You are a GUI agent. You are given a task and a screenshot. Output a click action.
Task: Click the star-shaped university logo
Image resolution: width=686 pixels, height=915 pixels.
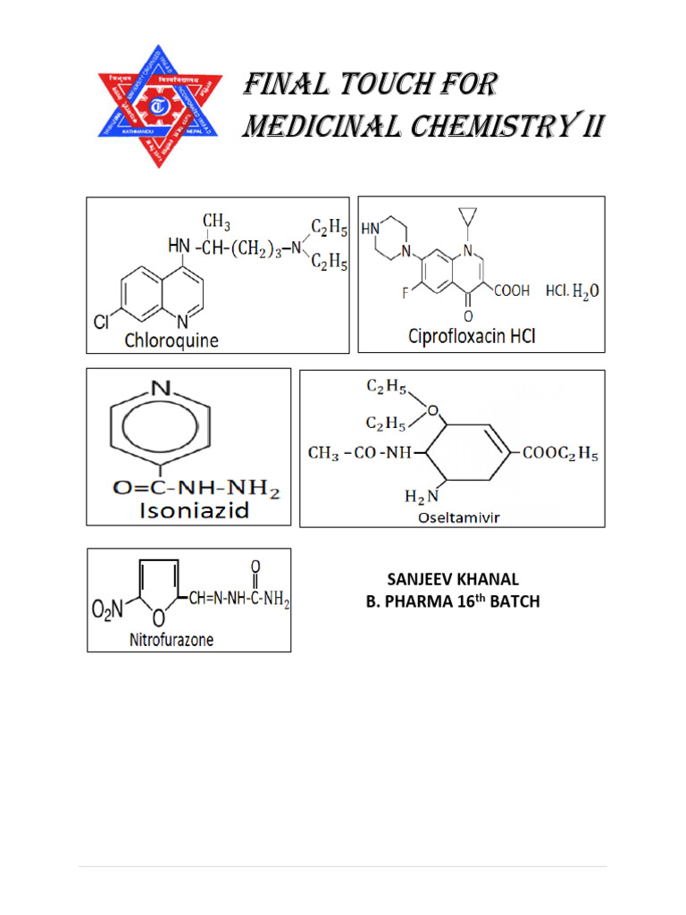coord(157,105)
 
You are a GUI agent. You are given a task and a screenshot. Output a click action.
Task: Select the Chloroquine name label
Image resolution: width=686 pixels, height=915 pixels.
coord(171,340)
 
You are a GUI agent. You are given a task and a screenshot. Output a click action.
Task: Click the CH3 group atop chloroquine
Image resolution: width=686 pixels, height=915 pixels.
coord(216,220)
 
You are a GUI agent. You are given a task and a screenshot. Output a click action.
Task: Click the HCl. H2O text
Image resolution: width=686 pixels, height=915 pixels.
coord(573,291)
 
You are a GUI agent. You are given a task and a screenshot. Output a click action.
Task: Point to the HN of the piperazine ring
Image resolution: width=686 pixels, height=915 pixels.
coord(370,229)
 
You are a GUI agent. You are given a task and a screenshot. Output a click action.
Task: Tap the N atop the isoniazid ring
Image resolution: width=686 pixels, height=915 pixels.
coord(160,389)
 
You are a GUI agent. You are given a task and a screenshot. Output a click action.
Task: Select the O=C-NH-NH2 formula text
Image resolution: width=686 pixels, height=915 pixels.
coord(197,489)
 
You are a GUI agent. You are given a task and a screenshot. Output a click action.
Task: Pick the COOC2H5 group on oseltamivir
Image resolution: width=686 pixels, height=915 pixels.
coord(560,453)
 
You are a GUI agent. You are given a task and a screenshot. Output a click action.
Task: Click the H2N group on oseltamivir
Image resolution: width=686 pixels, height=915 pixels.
coord(421,496)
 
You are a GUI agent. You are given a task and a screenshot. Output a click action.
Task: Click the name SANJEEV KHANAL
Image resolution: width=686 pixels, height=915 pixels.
coord(453,579)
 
